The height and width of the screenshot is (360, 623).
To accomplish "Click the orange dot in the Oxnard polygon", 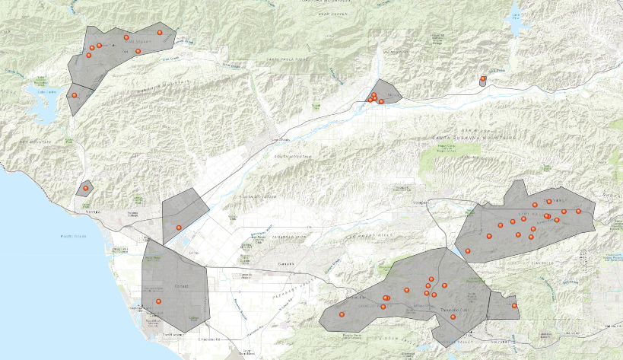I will coord(159,301).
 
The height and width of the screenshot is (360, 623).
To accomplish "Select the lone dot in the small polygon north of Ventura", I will coord(86,187).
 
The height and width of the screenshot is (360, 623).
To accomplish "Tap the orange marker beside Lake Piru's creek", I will coord(483,78).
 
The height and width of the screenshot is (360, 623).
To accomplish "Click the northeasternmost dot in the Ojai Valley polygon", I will coord(160,33).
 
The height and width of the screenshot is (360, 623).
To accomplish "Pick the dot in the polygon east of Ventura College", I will coord(179,228).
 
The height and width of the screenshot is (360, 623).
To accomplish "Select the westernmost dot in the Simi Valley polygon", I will coord(468,251).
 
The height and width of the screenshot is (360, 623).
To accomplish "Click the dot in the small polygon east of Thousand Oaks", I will coord(515,306).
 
